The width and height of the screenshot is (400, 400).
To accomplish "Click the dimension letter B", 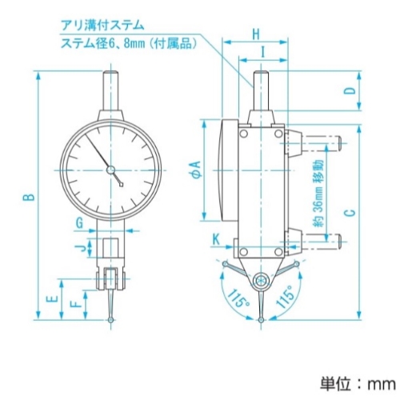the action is pos(32,197).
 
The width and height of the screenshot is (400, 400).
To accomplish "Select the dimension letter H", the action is pos(256,34).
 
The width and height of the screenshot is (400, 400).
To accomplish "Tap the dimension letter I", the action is pos(263,52).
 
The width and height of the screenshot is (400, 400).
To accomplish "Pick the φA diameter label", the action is pos(197,170).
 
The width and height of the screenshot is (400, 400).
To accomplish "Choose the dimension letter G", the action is pos(79,223).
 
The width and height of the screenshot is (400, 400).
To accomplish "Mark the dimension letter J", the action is pos(83,249).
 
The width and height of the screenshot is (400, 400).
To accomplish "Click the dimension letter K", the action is pos(216,239).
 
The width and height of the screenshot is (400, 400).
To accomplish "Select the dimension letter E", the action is pos(52,298).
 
